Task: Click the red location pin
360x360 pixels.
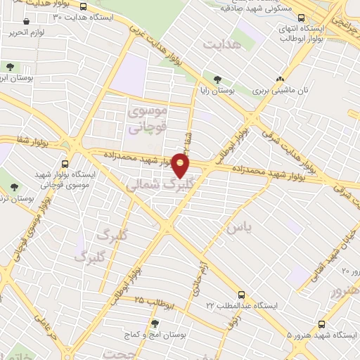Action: coord(181,167)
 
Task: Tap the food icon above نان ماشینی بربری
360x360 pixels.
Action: coord(281,79)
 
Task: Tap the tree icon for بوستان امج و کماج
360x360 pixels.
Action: coord(155,323)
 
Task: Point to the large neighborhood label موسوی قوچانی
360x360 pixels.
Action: coord(146,119)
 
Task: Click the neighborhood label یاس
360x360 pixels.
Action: coord(235,229)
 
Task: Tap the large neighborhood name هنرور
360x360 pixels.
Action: coord(345,290)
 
